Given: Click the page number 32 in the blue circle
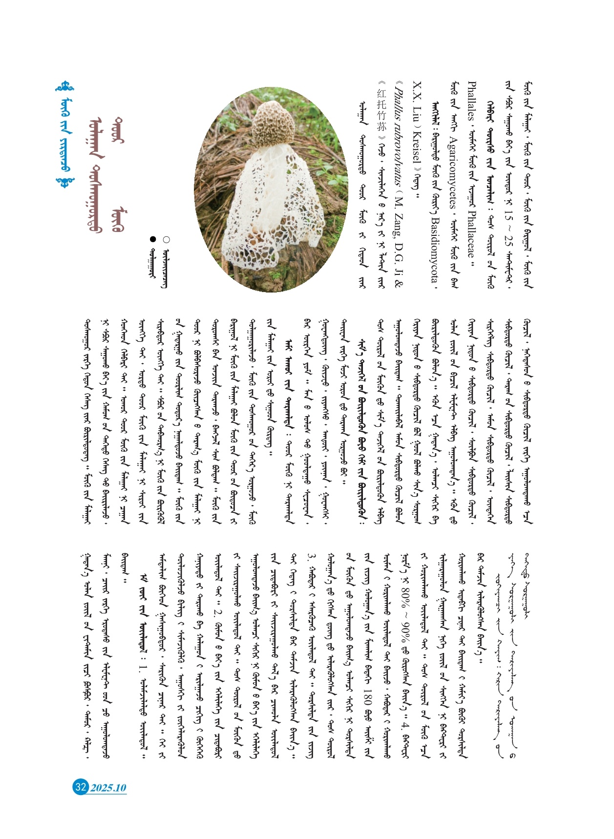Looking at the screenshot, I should click(x=80, y=787).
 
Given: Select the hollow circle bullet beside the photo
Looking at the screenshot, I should click(x=167, y=240).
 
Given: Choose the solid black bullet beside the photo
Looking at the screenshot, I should click(x=153, y=239).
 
